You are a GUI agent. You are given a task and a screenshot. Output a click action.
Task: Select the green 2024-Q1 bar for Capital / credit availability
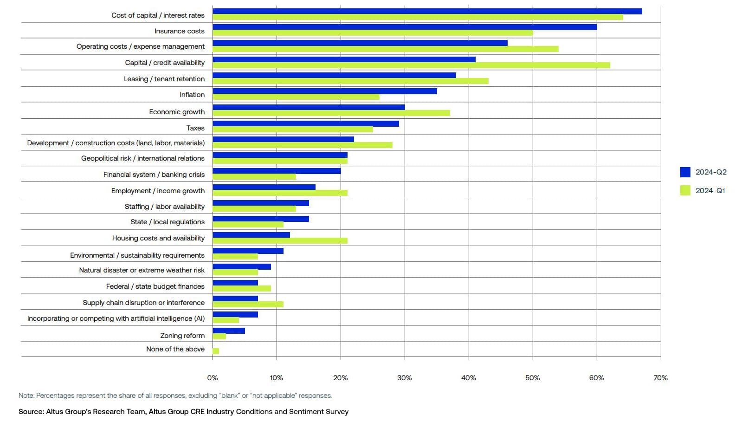pyautogui.click(x=411, y=65)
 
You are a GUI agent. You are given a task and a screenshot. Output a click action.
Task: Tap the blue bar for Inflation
pyautogui.click(x=325, y=91)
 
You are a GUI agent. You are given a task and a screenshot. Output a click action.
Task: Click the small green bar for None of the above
pyautogui.click(x=216, y=351)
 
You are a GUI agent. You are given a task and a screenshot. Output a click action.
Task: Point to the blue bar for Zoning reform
pyautogui.click(x=229, y=331)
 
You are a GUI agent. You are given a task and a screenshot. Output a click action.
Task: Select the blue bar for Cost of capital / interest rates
pyautogui.click(x=427, y=11)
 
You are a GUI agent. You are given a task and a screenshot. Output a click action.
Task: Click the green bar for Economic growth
pyautogui.click(x=331, y=113)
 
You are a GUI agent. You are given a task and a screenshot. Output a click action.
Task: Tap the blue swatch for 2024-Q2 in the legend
pyautogui.click(x=685, y=172)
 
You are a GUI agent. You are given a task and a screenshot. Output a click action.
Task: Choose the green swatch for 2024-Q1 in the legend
pyautogui.click(x=685, y=190)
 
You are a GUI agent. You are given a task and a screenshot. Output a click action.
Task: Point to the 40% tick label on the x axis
pyautogui.click(x=468, y=378)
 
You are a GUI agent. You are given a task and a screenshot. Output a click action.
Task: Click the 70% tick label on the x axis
pyautogui.click(x=660, y=378)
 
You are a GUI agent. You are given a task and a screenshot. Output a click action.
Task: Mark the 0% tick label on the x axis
pyautogui.click(x=213, y=378)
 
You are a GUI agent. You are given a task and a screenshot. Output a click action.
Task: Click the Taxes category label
pyautogui.click(x=195, y=128)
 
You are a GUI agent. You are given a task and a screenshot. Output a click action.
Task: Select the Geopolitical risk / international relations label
pyautogui.click(x=142, y=158)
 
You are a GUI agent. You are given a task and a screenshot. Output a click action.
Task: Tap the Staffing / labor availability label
pyautogui.click(x=164, y=207)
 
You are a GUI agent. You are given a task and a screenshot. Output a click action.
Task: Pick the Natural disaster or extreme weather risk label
pyautogui.click(x=142, y=270)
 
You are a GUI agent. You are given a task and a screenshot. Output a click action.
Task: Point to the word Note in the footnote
pyautogui.click(x=26, y=396)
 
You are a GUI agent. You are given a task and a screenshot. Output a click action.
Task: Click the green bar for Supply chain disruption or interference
pyautogui.click(x=248, y=305)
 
